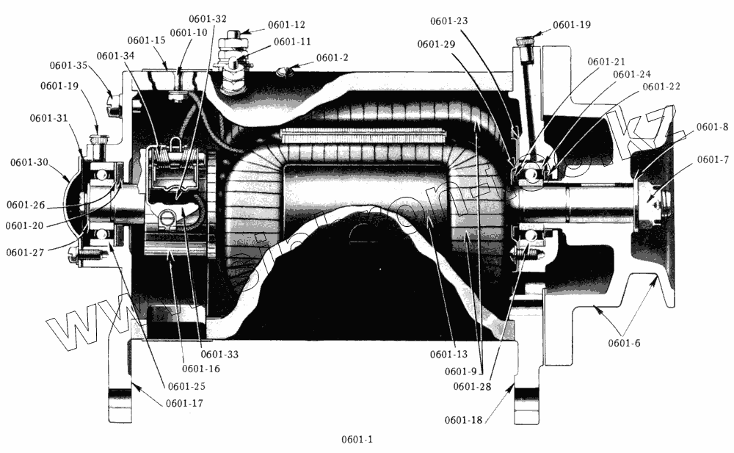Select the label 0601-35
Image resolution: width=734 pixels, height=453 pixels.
tap(69, 65)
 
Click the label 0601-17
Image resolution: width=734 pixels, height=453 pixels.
tap(184, 403)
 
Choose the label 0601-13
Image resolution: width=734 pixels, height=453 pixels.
tap(449, 355)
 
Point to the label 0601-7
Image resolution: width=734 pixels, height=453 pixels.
tap(712, 159)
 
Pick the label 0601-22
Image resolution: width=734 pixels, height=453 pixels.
tap(661, 86)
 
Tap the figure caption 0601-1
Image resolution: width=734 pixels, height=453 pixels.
tap(357, 440)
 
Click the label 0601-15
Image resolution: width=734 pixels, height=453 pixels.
tap(146, 40)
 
